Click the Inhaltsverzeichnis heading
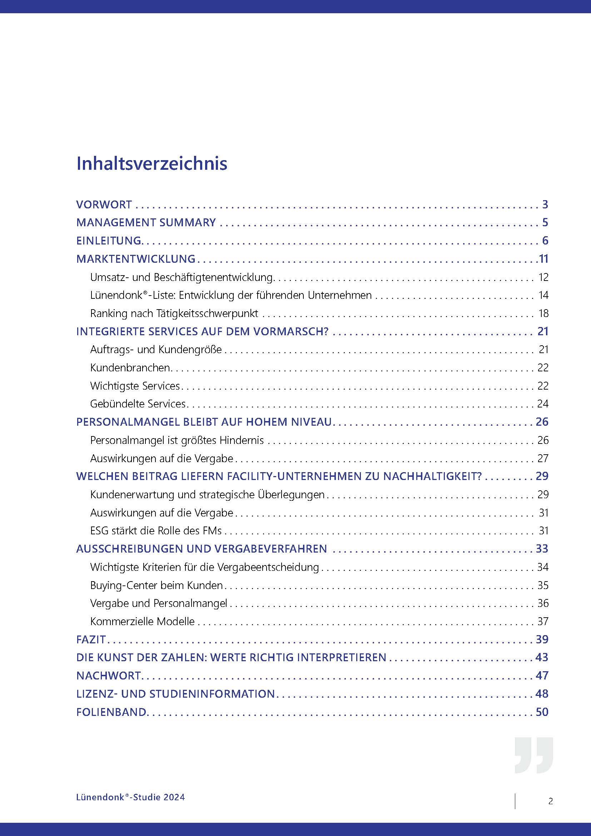pyautogui.click(x=152, y=163)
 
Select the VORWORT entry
pyautogui.click(x=104, y=205)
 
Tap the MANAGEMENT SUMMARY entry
pyautogui.click(x=146, y=222)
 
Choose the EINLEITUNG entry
pyautogui.click(x=109, y=241)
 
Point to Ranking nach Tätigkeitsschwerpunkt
pyautogui.click(x=174, y=313)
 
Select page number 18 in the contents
pyautogui.click(x=543, y=313)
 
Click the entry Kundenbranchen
pyautogui.click(x=130, y=368)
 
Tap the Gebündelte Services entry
pyautogui.click(x=138, y=404)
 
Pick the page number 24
pyautogui.click(x=543, y=404)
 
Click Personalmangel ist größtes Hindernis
pyautogui.click(x=177, y=440)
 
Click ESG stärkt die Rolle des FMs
pyautogui.click(x=156, y=531)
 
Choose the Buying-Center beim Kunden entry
pyautogui.click(x=157, y=585)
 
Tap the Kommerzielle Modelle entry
pyautogui.click(x=142, y=621)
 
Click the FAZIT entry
pyautogui.click(x=91, y=639)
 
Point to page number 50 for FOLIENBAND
pyautogui.click(x=542, y=712)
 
